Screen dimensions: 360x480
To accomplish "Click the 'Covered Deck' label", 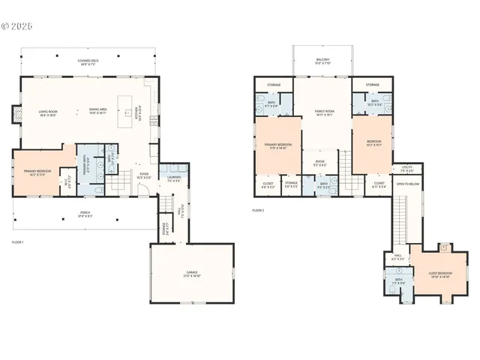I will click(91, 61).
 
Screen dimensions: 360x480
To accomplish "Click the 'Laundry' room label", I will click(174, 179).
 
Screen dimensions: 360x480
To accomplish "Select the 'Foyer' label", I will click(143, 175).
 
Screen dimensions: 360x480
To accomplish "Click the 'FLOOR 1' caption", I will click(17, 242).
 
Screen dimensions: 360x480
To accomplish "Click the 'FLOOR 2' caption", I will click(258, 211).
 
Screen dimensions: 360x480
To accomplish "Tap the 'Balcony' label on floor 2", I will click(322, 59).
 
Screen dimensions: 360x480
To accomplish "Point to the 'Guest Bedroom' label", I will click(441, 275).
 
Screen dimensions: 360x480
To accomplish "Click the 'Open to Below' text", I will click(407, 183).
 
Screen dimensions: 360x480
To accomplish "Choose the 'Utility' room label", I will click(407, 169).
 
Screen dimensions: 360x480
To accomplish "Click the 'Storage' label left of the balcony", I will click(274, 85).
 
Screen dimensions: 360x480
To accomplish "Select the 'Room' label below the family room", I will click(319, 163).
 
